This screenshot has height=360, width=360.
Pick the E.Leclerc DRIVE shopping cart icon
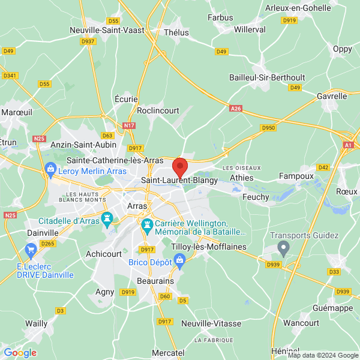point(31,249)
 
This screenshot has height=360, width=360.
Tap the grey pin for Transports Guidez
point(284,246)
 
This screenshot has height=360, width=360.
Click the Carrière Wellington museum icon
point(146,226)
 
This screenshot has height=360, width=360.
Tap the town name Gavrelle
point(332,96)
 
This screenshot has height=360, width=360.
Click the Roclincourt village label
point(158,110)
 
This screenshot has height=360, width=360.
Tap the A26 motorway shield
point(236,109)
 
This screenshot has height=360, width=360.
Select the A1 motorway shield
point(349,145)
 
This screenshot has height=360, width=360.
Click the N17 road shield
point(128,125)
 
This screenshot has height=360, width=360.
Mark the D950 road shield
point(268,128)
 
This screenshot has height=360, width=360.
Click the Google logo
point(20,353)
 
